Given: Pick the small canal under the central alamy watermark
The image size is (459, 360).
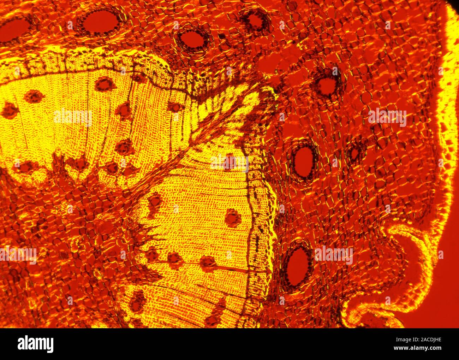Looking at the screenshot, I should click(x=230, y=161).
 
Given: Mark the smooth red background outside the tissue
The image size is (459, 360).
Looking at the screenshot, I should click(x=448, y=283).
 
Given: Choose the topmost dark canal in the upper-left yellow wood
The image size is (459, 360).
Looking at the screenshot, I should click(x=103, y=84).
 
